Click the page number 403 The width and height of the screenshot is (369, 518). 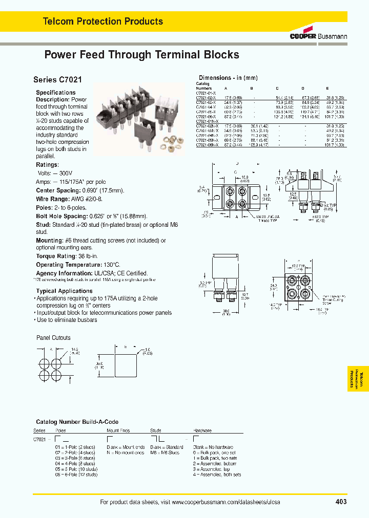coord(341,502)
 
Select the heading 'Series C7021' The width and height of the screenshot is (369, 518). coord(57,80)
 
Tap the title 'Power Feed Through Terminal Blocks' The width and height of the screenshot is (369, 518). coord(141,55)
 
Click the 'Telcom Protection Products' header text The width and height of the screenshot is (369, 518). coord(102,21)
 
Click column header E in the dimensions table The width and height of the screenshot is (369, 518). coord(327,88)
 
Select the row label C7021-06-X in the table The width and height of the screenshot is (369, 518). coord(207,116)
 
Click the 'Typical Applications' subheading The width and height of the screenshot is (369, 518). coord(65,291)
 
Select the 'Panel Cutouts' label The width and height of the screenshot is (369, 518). coord(53,338)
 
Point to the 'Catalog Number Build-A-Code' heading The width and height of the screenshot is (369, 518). coord(73,422)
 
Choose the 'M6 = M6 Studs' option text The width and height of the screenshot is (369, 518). coord(165,453)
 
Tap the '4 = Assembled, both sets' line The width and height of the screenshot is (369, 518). coord(217,474)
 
